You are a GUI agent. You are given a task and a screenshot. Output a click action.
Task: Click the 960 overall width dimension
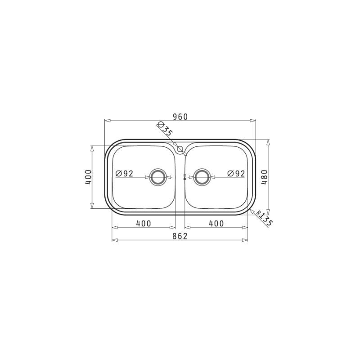[x=180, y=117]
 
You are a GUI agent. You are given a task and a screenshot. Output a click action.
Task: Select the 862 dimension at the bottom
[x=180, y=236]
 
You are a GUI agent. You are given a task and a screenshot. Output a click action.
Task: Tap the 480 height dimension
[x=265, y=177]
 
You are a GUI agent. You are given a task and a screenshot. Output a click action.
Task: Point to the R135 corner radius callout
[x=264, y=218]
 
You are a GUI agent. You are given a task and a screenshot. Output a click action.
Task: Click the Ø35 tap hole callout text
[x=165, y=129]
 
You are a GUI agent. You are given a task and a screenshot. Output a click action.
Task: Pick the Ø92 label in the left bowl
[x=125, y=174]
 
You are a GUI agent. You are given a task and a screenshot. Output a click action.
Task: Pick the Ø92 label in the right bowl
[x=236, y=174]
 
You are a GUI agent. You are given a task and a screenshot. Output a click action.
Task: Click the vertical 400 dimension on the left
[x=88, y=177]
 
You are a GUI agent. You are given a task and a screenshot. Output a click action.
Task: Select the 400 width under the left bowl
[x=144, y=223]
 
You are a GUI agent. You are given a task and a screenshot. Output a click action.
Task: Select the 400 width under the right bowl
[x=216, y=223]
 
